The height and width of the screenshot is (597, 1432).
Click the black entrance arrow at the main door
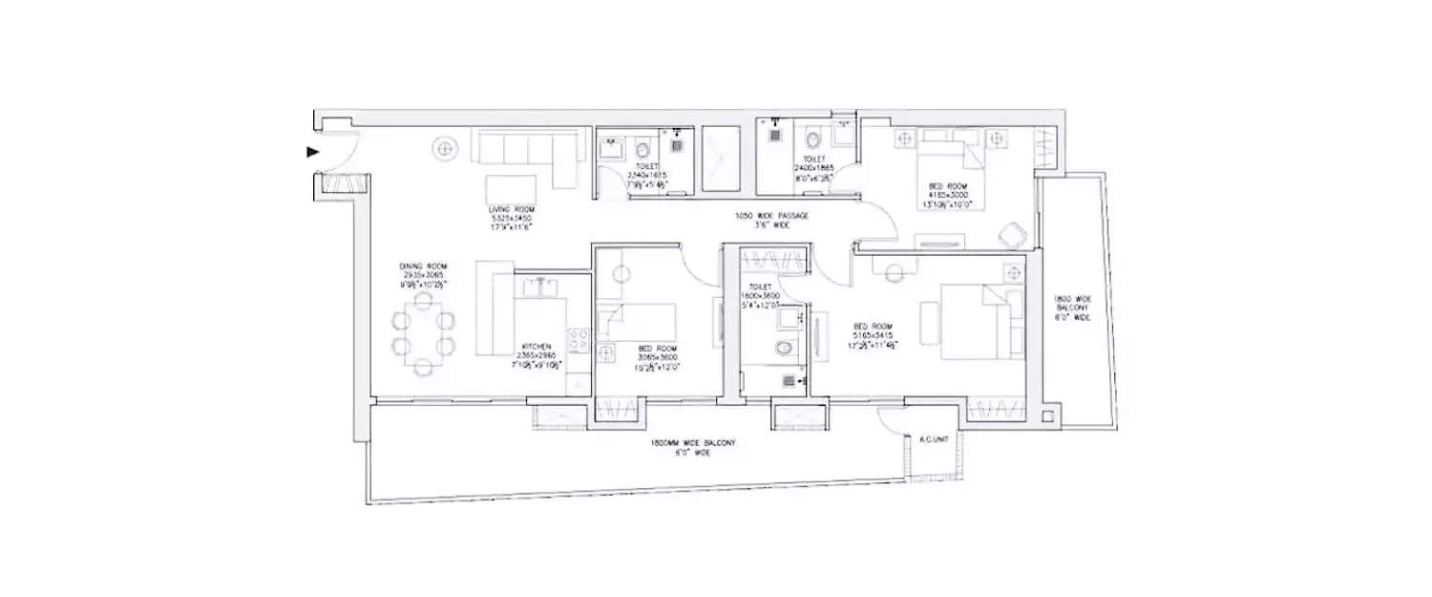pos(311,152)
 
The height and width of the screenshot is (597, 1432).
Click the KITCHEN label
pos(535,347)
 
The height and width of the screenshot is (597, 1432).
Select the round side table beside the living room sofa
pos(444,149)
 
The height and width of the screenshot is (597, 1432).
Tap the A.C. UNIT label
pos(931,440)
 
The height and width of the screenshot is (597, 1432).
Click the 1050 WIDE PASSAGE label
pos(771,216)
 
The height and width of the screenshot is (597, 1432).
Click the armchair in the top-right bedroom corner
pos(1010,231)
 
